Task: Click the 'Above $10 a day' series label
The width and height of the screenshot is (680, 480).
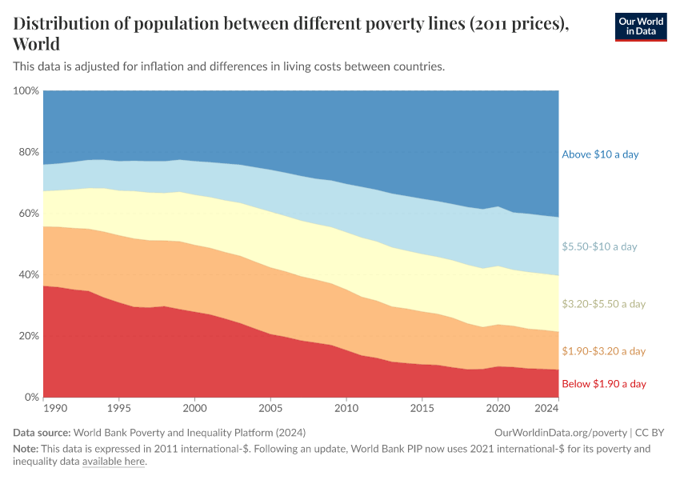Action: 600,154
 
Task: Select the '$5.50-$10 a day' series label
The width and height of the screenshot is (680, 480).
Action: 599,246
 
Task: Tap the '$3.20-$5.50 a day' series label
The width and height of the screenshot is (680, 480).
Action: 603,304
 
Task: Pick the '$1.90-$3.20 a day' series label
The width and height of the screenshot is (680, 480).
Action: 603,351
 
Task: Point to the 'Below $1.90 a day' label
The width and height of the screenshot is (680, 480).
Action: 603,384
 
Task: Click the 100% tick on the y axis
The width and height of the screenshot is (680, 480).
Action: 26,91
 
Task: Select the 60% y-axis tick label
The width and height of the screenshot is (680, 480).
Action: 29,214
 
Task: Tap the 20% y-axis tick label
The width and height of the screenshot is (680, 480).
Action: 29,336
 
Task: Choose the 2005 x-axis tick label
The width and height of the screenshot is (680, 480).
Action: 270,408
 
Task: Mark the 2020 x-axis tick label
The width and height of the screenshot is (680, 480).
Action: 497,408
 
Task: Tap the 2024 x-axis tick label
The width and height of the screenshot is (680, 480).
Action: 546,408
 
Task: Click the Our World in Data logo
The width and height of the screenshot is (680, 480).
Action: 640,26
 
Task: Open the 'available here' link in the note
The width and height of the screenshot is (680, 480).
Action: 114,462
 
